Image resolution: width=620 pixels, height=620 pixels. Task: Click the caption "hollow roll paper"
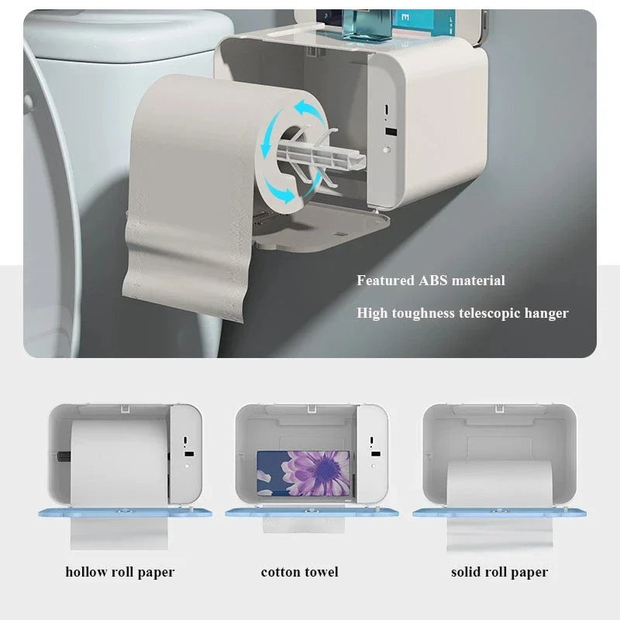click(x=120, y=573)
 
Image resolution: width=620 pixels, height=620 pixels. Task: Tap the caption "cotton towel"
click(x=300, y=573)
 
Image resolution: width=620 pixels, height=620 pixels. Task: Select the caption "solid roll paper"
click(x=499, y=573)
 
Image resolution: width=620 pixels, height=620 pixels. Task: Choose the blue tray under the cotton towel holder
click(x=310, y=512)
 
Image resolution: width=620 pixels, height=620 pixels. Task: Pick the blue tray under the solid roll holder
click(x=499, y=512)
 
